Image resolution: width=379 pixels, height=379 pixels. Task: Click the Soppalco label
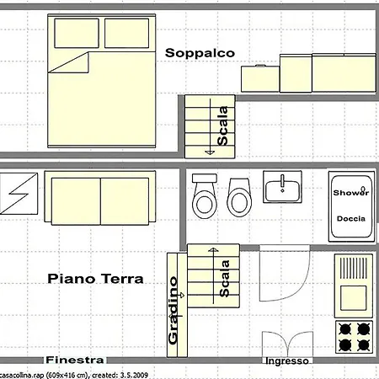(x=200, y=53)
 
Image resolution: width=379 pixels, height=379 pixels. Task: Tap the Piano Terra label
(x=95, y=279)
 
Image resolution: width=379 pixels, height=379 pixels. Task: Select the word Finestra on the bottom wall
(x=75, y=360)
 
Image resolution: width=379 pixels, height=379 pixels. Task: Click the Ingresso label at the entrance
(x=287, y=360)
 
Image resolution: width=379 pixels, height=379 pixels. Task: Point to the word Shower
(x=351, y=193)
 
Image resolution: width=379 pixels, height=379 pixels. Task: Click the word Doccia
(x=351, y=219)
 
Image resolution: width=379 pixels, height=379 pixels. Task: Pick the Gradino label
(x=173, y=311)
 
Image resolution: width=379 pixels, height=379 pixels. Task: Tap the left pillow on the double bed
(x=77, y=33)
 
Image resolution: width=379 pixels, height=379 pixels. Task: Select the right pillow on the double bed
(x=126, y=33)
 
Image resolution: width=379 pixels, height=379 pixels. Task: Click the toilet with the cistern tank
(x=205, y=196)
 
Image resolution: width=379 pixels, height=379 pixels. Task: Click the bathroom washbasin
(x=282, y=187)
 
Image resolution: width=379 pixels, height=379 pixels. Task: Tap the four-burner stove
(x=354, y=337)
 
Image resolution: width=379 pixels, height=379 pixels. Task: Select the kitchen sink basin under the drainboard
(x=354, y=297)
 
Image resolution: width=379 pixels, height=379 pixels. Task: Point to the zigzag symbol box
(x=19, y=194)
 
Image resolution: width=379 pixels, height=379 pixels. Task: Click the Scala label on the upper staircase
(x=222, y=125)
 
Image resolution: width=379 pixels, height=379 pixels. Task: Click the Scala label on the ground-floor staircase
(x=224, y=279)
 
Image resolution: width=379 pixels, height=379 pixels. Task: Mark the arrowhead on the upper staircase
(x=210, y=152)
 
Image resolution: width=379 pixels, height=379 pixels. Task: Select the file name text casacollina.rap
(x=21, y=375)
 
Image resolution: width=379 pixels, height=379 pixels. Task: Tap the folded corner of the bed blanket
(x=73, y=63)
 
